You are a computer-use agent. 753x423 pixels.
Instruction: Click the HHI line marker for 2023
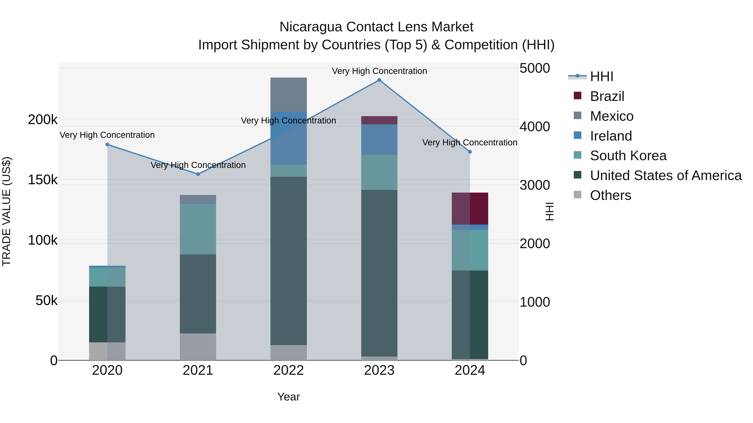pyautogui.click(x=379, y=80)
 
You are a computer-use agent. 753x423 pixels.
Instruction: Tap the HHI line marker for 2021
pyautogui.click(x=198, y=174)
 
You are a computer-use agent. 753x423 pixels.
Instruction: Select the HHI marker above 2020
pyautogui.click(x=107, y=145)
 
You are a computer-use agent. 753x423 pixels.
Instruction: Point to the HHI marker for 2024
pyautogui.click(x=470, y=152)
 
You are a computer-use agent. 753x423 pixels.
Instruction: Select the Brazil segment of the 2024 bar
pyautogui.click(x=470, y=208)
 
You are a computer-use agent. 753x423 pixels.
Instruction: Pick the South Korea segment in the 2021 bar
pyautogui.click(x=198, y=229)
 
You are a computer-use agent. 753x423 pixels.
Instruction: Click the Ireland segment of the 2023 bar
pyautogui.click(x=379, y=140)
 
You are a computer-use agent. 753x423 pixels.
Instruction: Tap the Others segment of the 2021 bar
pyautogui.click(x=198, y=347)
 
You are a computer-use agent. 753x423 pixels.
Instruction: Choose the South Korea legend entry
pyautogui.click(x=628, y=156)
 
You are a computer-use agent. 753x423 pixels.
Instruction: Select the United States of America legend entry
pyautogui.click(x=666, y=175)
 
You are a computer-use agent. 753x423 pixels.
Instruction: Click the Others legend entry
pyautogui.click(x=610, y=195)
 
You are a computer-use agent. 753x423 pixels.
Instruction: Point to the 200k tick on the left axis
pyautogui.click(x=43, y=120)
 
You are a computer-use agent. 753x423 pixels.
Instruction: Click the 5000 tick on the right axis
pyautogui.click(x=535, y=68)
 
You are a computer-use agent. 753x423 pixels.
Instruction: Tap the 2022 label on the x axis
pyautogui.click(x=288, y=370)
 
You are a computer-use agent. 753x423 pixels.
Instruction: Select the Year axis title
pyautogui.click(x=288, y=397)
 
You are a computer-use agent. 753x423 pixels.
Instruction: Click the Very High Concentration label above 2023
pyautogui.click(x=379, y=71)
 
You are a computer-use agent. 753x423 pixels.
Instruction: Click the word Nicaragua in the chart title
pyautogui.click(x=310, y=27)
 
